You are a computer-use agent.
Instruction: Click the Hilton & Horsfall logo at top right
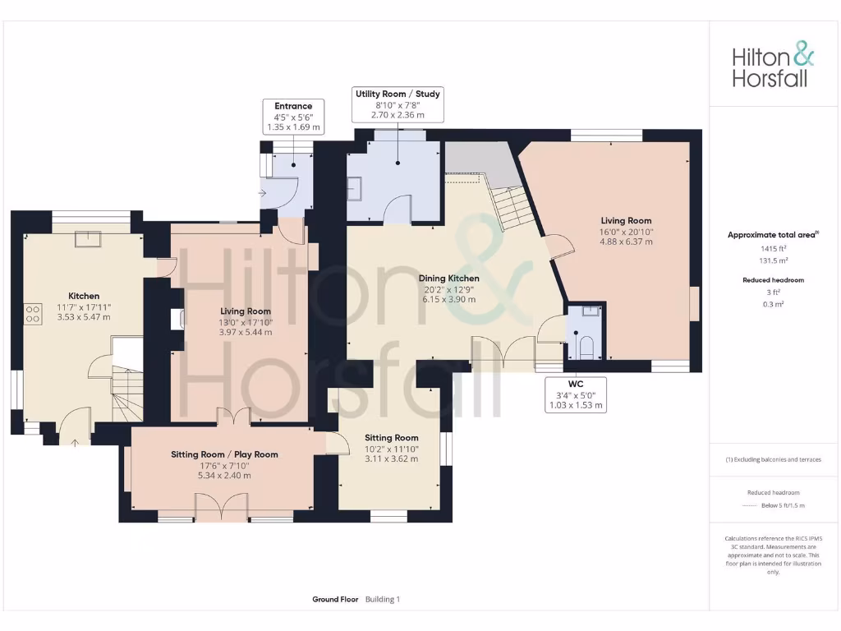click(x=773, y=67)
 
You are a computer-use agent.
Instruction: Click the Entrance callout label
click(x=293, y=117)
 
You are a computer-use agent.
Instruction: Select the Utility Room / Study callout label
click(x=398, y=104)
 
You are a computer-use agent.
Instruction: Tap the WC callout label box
click(x=576, y=394)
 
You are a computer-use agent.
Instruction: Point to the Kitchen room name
click(x=83, y=296)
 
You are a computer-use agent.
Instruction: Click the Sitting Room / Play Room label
click(x=224, y=454)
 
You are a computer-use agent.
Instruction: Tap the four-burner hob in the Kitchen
click(x=34, y=313)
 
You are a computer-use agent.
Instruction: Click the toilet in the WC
click(x=586, y=347)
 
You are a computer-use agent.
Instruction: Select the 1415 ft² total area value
click(x=772, y=247)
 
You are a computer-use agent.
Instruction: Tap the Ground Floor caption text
click(x=335, y=600)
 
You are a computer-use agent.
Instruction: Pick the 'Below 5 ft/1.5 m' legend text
click(x=782, y=505)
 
